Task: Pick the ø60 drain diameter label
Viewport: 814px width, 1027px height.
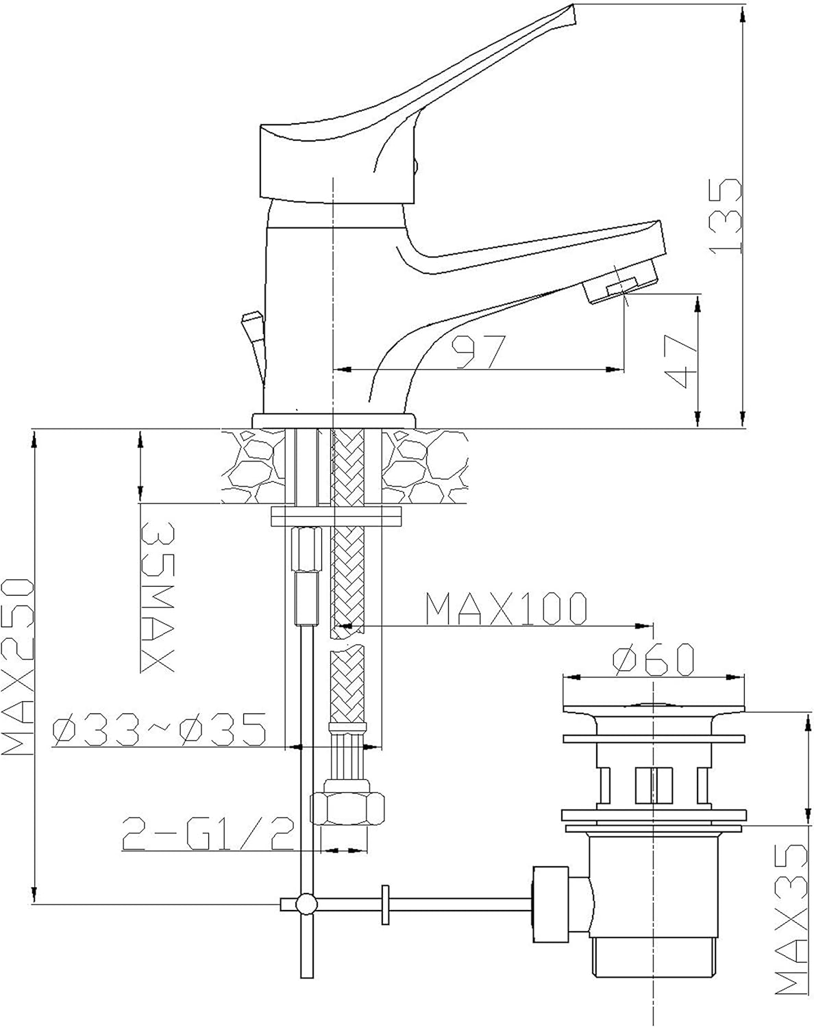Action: [653, 660]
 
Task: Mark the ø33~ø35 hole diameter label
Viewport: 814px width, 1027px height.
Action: [160, 730]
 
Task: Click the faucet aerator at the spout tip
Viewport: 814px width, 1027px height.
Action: [621, 285]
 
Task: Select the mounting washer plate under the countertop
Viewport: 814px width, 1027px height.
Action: [336, 517]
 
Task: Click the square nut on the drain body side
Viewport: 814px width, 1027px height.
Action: [551, 904]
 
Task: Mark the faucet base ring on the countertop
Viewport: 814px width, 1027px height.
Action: [334, 420]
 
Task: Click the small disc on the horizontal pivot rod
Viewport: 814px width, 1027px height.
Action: [385, 904]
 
